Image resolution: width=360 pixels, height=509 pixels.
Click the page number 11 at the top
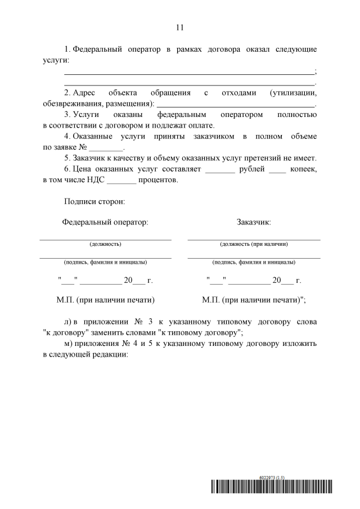click(x=180, y=28)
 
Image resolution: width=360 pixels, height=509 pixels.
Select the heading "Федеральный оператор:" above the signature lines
click(x=105, y=222)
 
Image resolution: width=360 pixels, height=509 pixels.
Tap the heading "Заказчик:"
click(x=254, y=222)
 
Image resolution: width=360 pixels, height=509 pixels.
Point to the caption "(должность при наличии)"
click(x=254, y=244)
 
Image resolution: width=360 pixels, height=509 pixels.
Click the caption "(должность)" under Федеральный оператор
click(x=105, y=244)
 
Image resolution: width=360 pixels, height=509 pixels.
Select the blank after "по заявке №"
click(x=106, y=147)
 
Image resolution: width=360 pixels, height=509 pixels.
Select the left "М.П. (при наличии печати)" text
click(x=106, y=299)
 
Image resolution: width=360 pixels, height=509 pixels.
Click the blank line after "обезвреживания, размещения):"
click(x=236, y=104)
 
